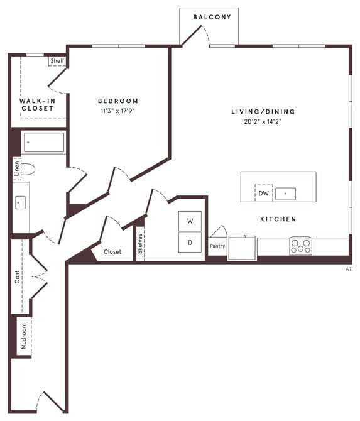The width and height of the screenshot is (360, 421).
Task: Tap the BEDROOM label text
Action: (x=117, y=101)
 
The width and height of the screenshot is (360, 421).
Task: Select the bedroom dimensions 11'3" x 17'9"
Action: (x=117, y=111)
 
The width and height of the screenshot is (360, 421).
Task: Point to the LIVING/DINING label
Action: (x=263, y=112)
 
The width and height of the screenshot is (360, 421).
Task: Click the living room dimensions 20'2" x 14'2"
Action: (x=263, y=121)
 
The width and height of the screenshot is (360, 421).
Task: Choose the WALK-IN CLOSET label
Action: (x=36, y=104)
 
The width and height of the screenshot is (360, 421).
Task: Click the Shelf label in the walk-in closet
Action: (x=57, y=61)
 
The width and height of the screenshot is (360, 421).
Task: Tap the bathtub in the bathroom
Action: (x=44, y=143)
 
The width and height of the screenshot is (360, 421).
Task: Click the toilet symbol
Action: (x=28, y=168)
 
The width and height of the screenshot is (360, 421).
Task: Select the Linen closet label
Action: (x=17, y=168)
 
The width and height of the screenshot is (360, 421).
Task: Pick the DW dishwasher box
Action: (x=263, y=194)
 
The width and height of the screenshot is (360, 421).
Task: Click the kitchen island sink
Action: (x=285, y=194)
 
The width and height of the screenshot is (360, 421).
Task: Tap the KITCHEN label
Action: (x=278, y=219)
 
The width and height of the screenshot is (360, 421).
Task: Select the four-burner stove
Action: (x=300, y=246)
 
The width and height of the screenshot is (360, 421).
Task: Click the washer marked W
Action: (x=190, y=221)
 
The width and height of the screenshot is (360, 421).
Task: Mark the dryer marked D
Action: (x=190, y=242)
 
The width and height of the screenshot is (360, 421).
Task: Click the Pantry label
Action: (x=217, y=246)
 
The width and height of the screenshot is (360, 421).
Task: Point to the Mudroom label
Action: (x=24, y=336)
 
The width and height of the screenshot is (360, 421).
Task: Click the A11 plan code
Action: (x=349, y=268)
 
